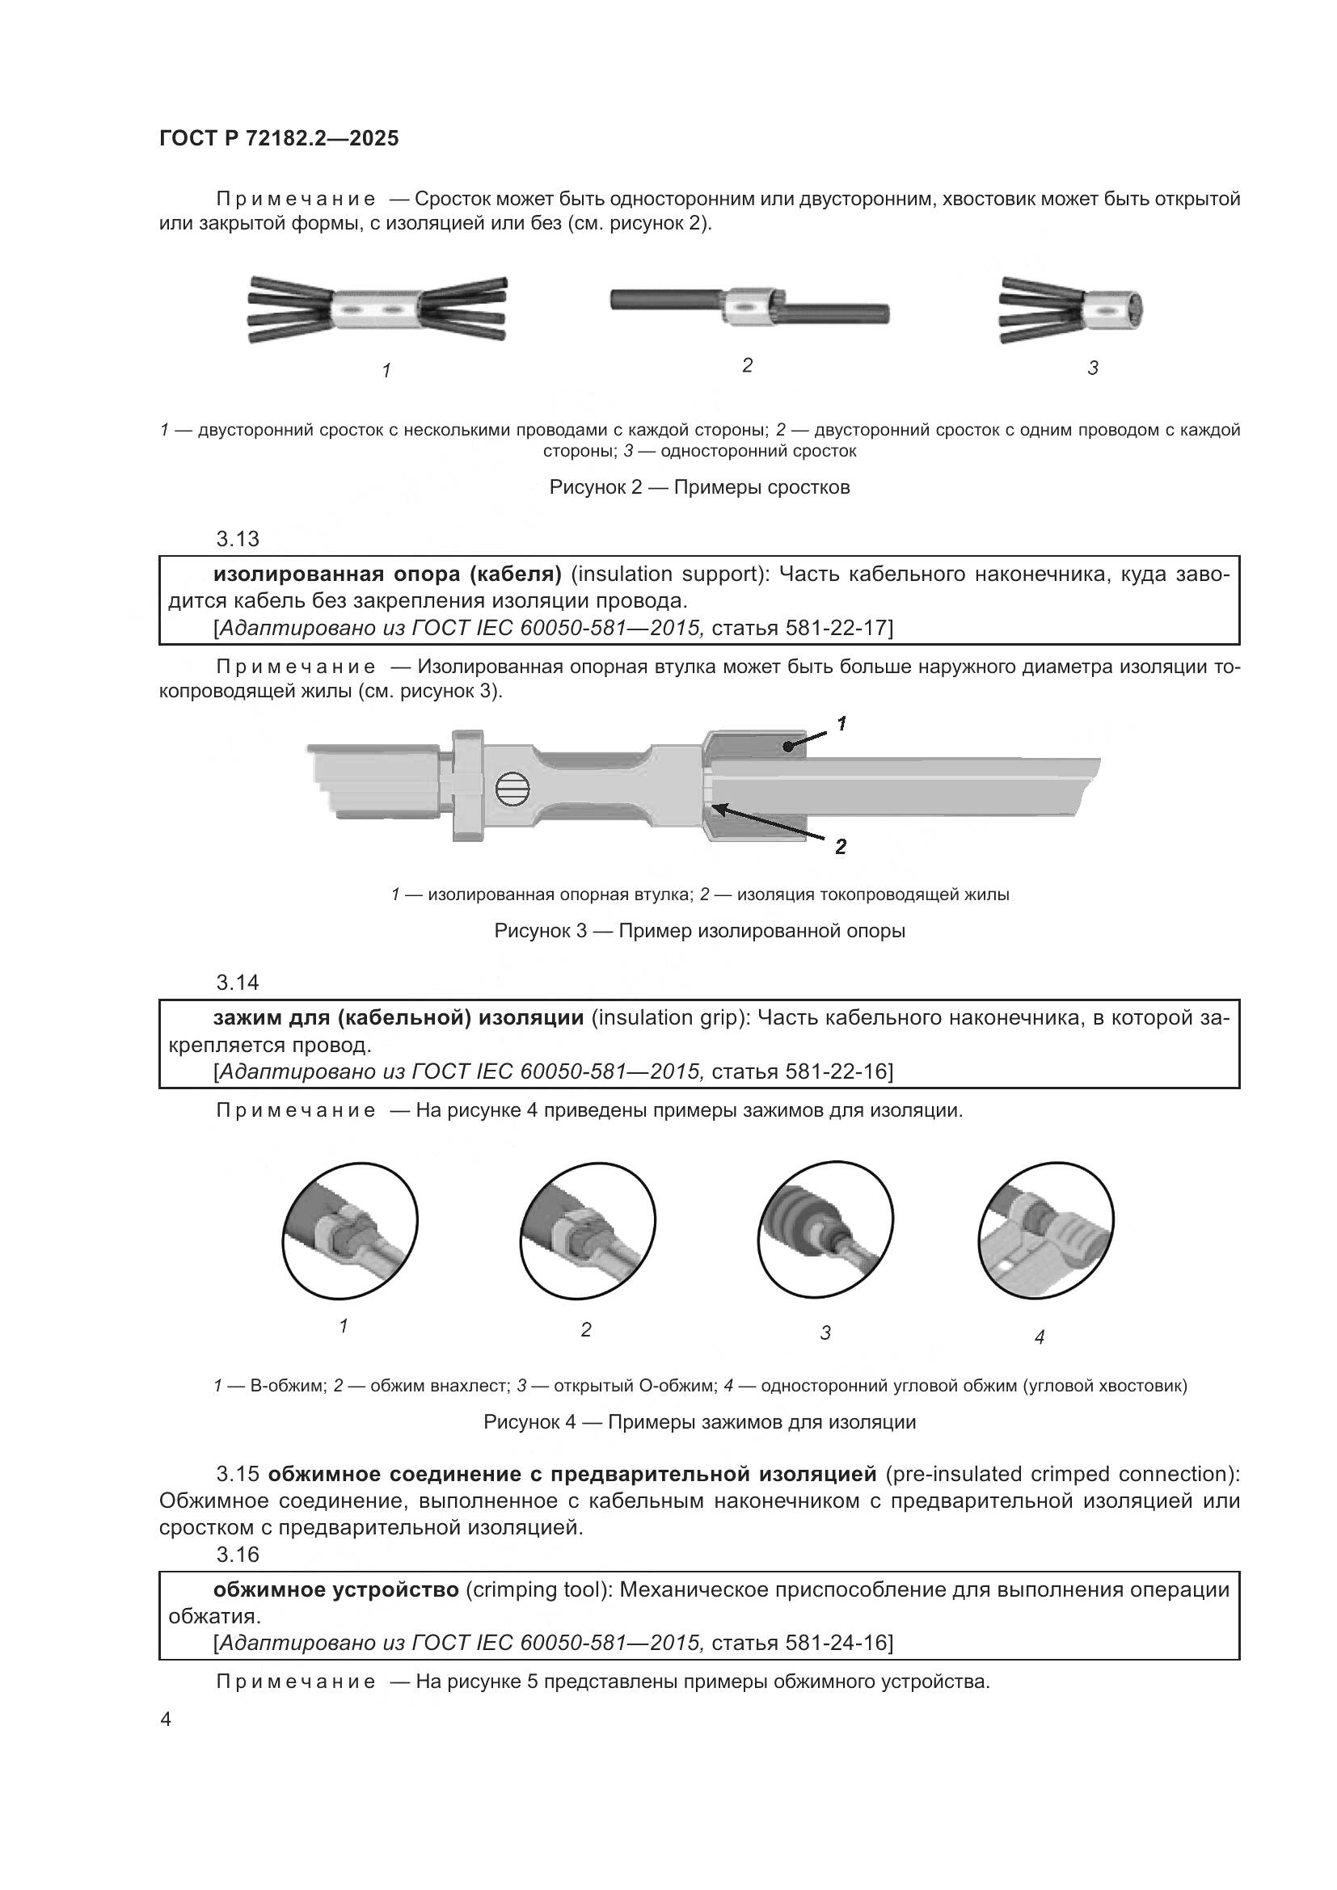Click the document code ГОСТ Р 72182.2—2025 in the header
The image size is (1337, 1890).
coord(278,138)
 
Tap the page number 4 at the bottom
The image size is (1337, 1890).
coord(166,1720)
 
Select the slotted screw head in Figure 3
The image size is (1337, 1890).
coord(511,791)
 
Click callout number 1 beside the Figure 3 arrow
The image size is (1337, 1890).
coord(841,723)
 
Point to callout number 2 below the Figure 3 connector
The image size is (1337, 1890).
coord(841,846)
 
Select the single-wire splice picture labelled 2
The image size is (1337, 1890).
coord(749,307)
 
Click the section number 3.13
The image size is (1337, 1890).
coord(237,539)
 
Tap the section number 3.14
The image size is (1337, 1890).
coord(237,983)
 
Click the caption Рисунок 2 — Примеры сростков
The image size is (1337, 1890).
coord(699,487)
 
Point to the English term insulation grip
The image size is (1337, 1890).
coord(670,1018)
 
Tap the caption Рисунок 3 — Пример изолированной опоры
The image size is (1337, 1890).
coord(699,931)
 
